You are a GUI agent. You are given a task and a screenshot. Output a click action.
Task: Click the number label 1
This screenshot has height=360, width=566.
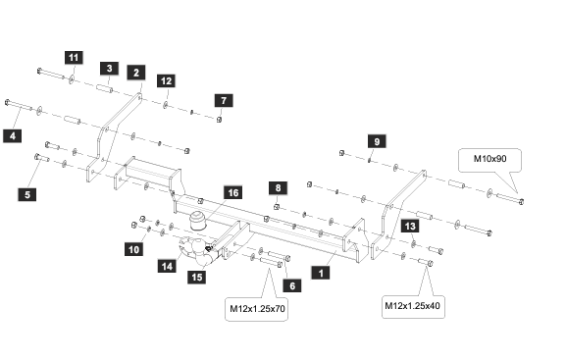tap(321, 273)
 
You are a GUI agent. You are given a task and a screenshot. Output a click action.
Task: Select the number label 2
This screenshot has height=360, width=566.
tap(136, 73)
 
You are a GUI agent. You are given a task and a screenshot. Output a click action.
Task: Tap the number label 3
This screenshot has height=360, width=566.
tap(109, 69)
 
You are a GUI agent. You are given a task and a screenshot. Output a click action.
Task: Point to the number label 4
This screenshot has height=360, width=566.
tap(13, 136)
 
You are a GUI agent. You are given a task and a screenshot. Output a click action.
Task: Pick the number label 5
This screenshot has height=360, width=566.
tap(27, 194)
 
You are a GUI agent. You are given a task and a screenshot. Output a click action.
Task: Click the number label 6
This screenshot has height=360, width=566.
tap(292, 286)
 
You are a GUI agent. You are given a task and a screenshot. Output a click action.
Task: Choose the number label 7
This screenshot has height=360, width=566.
tap(224, 100)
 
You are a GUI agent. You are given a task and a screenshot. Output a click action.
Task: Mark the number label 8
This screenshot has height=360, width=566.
tap(278, 187)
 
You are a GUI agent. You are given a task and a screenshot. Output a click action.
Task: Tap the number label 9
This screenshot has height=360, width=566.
tap(377, 141)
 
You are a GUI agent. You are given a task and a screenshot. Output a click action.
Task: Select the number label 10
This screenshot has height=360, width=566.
tap(134, 249)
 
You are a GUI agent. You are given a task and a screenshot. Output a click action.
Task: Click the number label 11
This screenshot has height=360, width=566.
tap(74, 58)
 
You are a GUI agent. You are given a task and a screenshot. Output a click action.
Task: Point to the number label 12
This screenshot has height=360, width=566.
tap(166, 80)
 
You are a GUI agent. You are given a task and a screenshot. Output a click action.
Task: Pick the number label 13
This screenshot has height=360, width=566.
tap(410, 226)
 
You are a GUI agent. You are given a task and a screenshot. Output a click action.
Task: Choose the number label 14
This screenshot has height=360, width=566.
tap(167, 266)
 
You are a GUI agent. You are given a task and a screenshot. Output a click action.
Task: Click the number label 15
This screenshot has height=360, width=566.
tap(197, 277)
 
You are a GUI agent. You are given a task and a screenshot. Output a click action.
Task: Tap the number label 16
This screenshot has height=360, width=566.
tap(233, 192)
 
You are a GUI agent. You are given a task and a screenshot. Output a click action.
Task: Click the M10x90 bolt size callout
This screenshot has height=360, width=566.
tap(489, 159)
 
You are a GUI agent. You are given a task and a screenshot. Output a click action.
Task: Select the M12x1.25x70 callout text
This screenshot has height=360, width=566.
tap(257, 309)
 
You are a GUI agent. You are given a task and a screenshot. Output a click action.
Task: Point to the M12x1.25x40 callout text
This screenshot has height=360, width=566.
tap(412, 306)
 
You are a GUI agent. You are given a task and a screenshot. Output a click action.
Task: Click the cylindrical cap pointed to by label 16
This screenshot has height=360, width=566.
tap(198, 221)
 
